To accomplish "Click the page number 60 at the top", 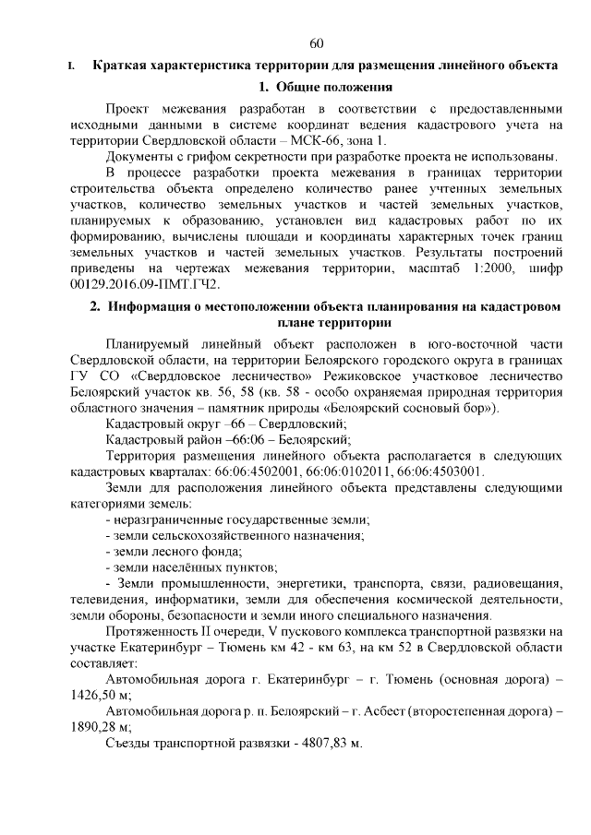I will tap(317, 43).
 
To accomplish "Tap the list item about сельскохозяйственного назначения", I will tap(235, 535).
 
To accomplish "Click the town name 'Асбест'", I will tap(420, 710).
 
